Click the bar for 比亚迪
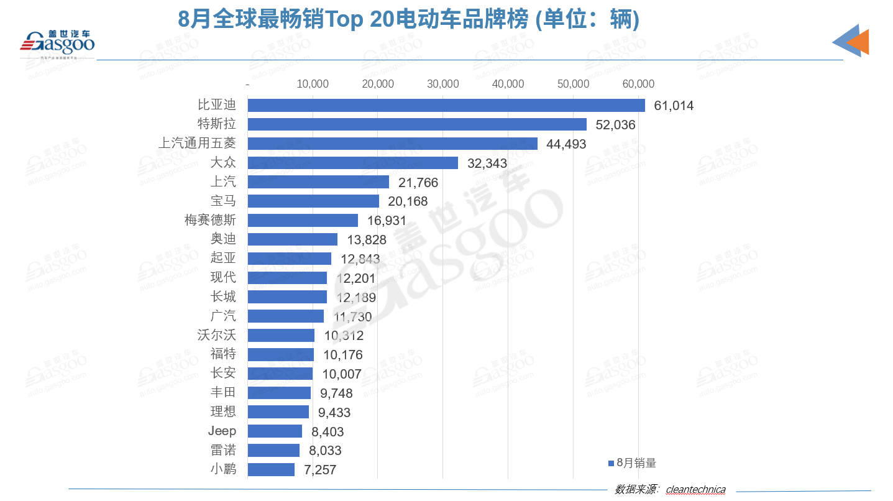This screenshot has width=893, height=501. click(446, 105)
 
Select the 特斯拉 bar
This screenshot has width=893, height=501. click(417, 124)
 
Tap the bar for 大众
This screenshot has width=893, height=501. click(352, 163)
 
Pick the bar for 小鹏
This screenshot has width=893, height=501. click(271, 469)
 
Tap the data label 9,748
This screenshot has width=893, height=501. click(336, 393)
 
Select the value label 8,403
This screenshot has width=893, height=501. click(327, 431)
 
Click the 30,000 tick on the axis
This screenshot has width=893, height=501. click(442, 85)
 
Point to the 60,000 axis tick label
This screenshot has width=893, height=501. click(638, 85)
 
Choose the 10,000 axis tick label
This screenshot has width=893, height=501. click(313, 85)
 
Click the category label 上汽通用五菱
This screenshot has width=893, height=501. click(198, 144)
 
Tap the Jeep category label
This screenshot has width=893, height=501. click(222, 431)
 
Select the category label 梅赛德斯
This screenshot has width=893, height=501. click(210, 220)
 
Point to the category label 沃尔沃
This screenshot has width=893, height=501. click(216, 335)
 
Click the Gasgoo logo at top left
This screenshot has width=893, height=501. click(57, 43)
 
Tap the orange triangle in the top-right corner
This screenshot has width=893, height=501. click(859, 42)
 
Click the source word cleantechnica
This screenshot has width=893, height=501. click(695, 489)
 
